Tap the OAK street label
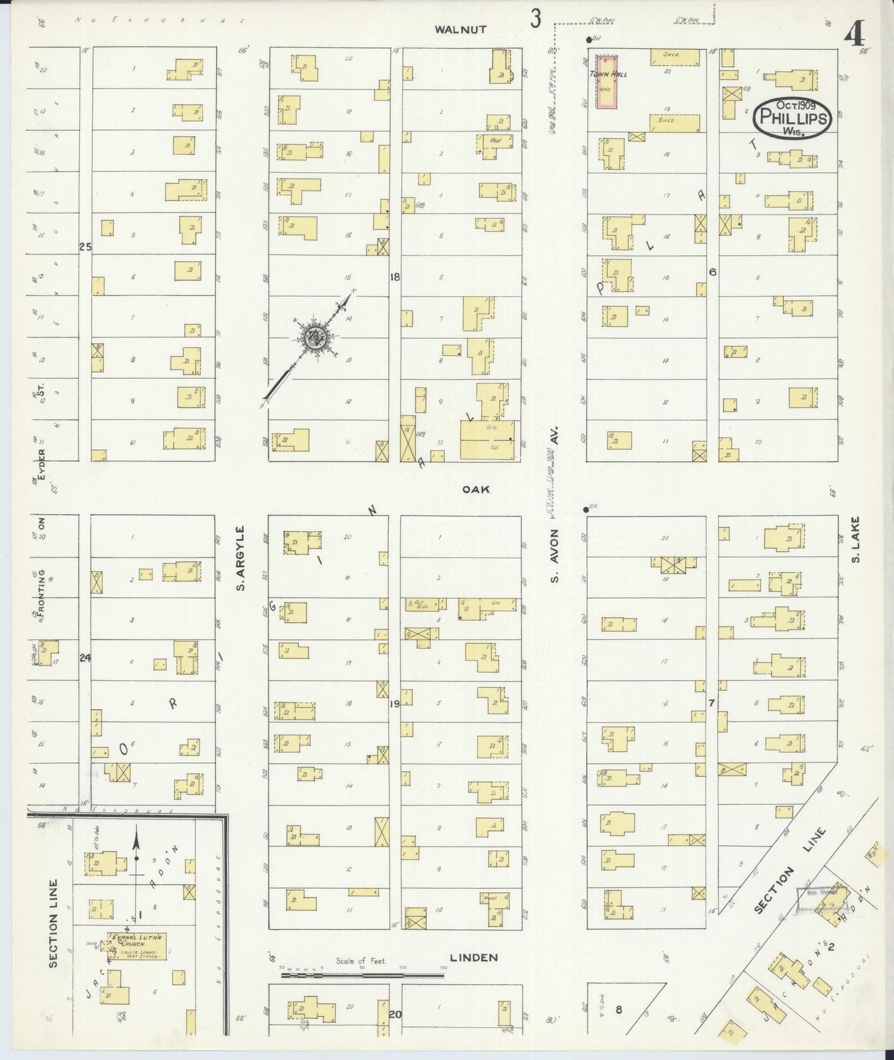pos(476,489)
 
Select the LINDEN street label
pos(474,958)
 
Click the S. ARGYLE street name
pos(243,558)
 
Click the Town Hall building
pos(606,82)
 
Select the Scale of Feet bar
pos(363,975)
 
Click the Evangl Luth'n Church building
pos(134,941)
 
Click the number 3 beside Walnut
pos(535,20)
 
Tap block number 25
pos(85,247)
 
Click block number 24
pos(85,658)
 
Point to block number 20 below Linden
pos(395,1014)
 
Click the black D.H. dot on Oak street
pos(585,510)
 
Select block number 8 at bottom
pos(618,1010)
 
